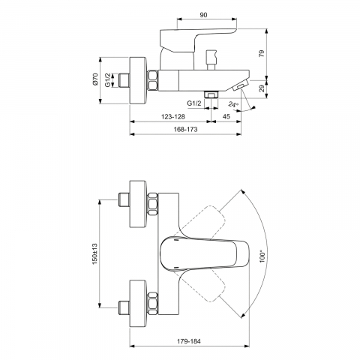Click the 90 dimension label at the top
pos(204,15)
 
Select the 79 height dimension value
pos(262,53)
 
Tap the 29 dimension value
pos(262,88)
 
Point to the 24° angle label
pos(234,104)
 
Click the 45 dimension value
pos(226,116)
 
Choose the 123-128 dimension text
pos(173,116)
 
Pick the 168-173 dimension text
pos(185,129)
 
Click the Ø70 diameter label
pos(94,79)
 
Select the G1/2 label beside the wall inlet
pos(107,80)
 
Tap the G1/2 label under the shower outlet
pos(194,103)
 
